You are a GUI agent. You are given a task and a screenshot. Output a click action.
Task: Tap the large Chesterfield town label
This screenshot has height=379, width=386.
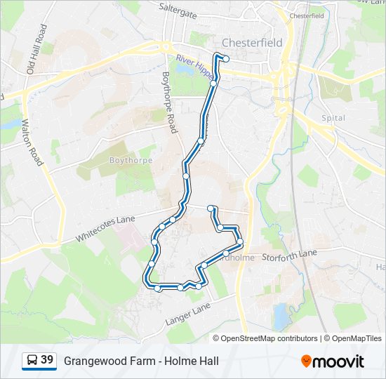click(x=252, y=42)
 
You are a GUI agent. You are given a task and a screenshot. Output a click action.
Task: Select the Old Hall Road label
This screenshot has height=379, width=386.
click(x=36, y=49)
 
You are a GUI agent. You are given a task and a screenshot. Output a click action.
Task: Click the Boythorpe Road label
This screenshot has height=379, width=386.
click(x=169, y=102)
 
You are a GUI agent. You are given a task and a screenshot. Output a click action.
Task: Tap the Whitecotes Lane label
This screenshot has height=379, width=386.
click(x=105, y=229)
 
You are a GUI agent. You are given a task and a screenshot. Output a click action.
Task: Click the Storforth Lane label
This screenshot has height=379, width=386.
click(x=290, y=257)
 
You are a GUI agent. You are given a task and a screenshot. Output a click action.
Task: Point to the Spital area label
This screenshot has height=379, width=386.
click(x=333, y=118)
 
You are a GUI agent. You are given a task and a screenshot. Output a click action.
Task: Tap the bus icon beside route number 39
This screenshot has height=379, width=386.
click(x=32, y=361)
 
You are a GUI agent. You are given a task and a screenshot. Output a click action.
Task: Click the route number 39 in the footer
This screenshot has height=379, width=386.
click(x=47, y=361)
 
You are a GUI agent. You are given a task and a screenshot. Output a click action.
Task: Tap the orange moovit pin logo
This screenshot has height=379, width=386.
click(x=307, y=361)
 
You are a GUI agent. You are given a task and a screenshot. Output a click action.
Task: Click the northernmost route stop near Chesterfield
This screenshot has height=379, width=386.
click(x=226, y=59)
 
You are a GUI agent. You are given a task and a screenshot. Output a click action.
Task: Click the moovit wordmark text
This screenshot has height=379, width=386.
click(x=340, y=361)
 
